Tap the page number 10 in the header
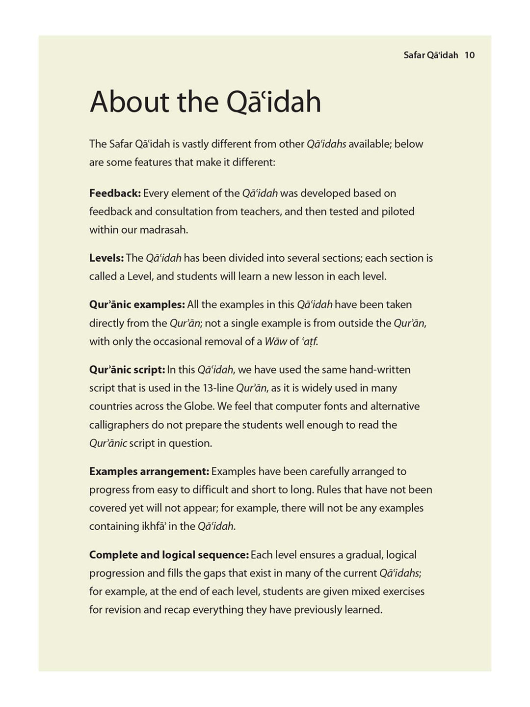(470, 55)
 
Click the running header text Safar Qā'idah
(430, 55)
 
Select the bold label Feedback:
(115, 193)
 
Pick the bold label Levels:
(106, 258)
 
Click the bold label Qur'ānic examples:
(137, 304)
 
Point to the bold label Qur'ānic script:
(127, 369)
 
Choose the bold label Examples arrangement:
(149, 471)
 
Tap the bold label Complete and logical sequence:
(169, 555)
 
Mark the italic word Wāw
(275, 341)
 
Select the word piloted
(397, 212)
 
